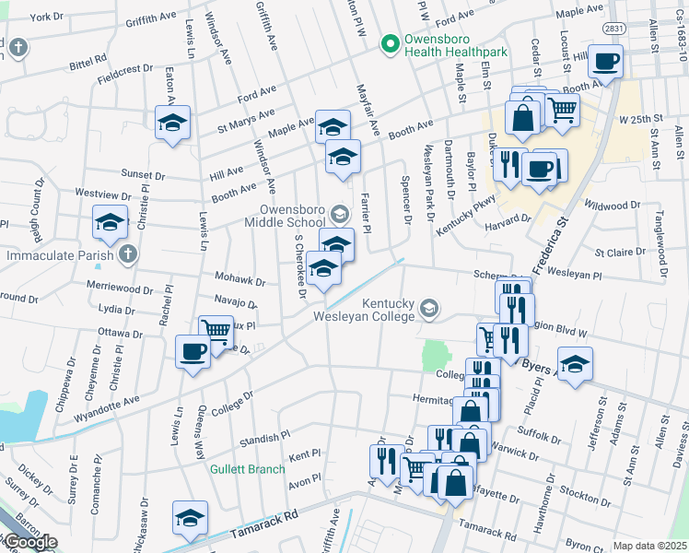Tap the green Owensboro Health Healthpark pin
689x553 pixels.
point(391,43)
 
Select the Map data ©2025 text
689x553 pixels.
point(649,546)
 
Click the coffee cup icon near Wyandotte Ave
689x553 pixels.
point(193,352)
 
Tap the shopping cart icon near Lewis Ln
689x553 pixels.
point(216,331)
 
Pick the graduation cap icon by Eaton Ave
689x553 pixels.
point(172,123)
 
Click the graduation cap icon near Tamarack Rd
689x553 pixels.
point(191,518)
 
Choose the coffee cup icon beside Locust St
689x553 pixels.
point(605,62)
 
